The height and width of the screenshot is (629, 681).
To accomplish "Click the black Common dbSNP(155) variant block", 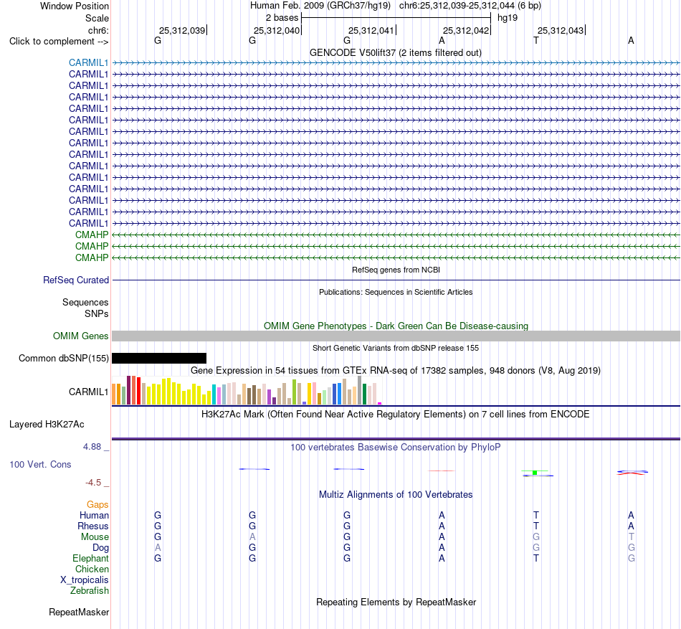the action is [159, 358].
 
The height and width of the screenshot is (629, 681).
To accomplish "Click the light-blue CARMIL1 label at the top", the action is [88, 62].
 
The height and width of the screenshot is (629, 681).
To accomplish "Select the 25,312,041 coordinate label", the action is [371, 30].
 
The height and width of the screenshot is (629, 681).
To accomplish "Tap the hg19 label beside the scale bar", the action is [508, 18].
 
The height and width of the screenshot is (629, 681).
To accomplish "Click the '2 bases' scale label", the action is [282, 18].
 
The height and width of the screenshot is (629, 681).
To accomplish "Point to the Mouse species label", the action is [95, 537].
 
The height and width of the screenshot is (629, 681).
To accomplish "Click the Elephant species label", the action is [90, 558].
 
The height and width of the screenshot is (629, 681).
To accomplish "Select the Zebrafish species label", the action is [90, 591].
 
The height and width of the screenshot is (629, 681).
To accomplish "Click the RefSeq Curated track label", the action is [76, 280].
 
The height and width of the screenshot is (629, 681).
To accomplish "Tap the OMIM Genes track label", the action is [81, 336].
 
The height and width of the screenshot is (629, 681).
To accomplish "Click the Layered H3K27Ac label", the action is [47, 425].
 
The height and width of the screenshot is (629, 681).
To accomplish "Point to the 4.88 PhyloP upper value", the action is [92, 447].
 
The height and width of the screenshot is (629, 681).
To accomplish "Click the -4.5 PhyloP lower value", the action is [93, 483].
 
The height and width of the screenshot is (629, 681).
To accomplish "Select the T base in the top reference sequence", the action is [536, 40].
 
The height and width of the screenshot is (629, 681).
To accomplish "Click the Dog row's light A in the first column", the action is [158, 548].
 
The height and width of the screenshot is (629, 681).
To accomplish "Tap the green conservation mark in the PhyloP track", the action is [535, 472].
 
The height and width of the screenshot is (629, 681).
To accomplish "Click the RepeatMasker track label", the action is [79, 612].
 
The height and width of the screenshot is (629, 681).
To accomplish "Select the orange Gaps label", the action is [97, 504].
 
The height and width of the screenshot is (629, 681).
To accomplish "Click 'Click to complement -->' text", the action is [59, 42].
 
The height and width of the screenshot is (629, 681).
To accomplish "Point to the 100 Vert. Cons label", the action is [40, 464].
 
